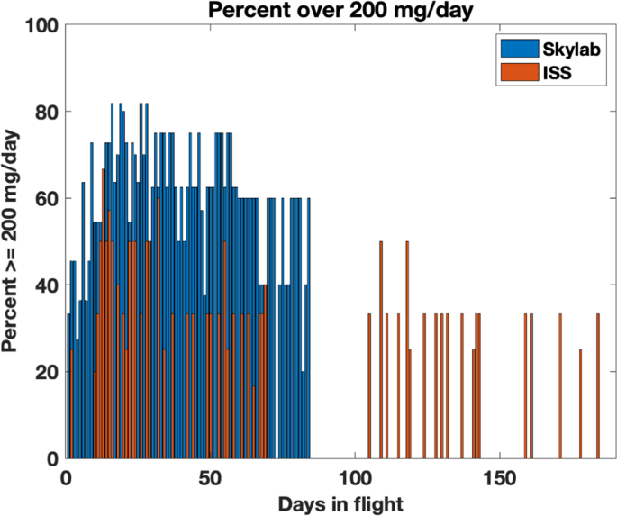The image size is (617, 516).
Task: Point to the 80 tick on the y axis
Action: coord(48,113)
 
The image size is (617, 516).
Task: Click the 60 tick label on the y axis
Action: coord(48,199)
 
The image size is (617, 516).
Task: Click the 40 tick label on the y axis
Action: coord(48,285)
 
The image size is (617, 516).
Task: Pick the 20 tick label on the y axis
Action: coord(48,372)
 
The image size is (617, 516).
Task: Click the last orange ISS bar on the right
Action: coord(597,387)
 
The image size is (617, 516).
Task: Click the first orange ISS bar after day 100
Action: coord(369,387)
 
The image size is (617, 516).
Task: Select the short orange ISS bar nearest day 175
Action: coord(580,405)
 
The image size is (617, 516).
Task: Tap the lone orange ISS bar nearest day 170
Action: coord(560,387)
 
